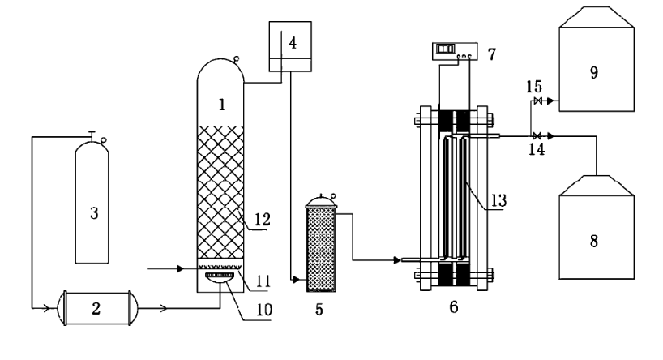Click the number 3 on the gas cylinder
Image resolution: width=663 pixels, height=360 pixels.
(x=94, y=213)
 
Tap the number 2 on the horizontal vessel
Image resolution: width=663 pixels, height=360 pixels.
(x=96, y=309)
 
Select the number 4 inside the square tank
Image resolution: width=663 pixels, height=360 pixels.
(x=293, y=43)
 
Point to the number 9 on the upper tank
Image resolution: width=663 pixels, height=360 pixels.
(x=594, y=73)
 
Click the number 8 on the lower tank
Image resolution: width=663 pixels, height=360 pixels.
(x=594, y=242)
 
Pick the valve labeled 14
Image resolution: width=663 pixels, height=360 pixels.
(x=537, y=136)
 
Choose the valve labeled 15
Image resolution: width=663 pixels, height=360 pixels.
(x=538, y=101)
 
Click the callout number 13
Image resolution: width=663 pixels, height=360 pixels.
(x=498, y=200)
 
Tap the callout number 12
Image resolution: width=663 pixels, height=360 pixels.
(x=262, y=219)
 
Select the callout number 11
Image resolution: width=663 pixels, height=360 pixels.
(x=263, y=281)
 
